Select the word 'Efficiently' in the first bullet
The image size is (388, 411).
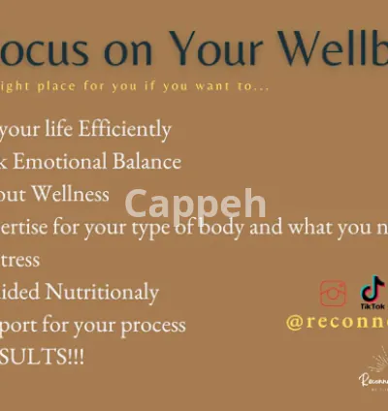pyautogui.click(x=123, y=129)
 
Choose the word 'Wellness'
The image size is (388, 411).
pyautogui.click(x=72, y=194)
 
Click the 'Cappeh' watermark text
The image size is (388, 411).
pyautogui.click(x=195, y=205)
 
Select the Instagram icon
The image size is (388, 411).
pyautogui.click(x=334, y=293)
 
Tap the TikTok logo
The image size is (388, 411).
pyautogui.click(x=372, y=292)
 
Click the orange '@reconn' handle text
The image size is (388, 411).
pyautogui.click(x=336, y=322)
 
